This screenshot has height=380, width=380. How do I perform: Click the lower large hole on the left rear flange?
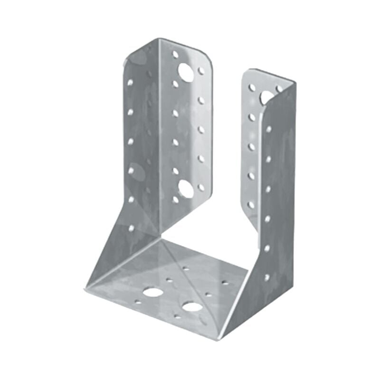click(186, 189)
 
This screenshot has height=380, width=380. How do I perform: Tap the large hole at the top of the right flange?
click(267, 96)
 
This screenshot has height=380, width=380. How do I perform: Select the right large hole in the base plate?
click(191, 306)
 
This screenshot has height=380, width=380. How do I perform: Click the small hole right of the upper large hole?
click(201, 71)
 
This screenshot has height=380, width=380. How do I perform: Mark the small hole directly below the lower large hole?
click(176, 199)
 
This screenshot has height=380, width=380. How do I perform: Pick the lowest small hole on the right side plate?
click(267, 276)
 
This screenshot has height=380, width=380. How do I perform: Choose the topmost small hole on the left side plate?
click(130, 82)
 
